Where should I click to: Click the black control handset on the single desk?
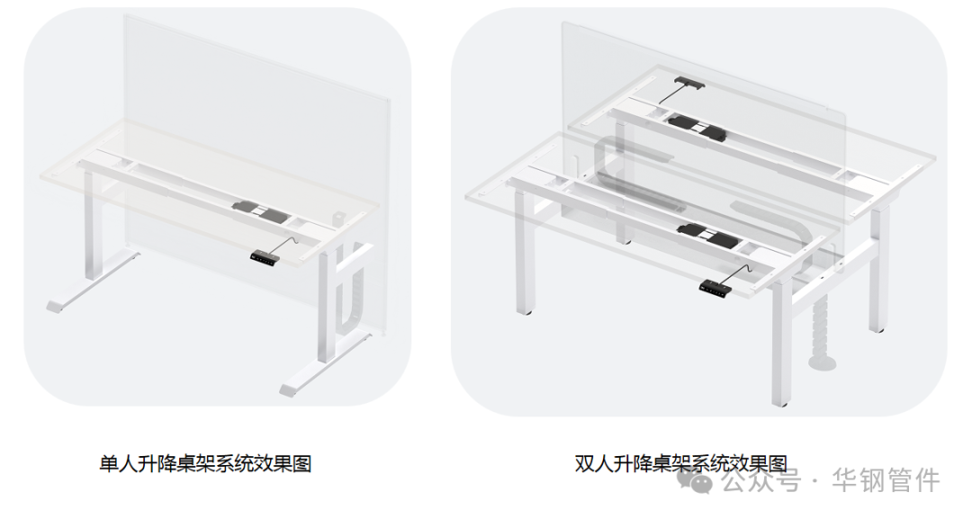pos(264,256)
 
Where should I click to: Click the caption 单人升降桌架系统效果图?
pos(206,464)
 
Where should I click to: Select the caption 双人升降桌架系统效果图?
pos(680,464)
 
